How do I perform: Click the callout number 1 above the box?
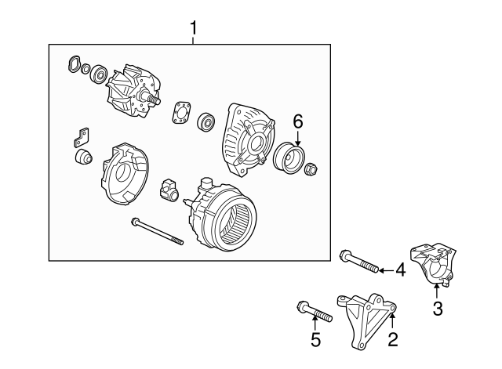click(195, 30)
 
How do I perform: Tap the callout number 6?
click(297, 121)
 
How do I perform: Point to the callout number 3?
click(438, 308)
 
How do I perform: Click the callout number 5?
click(315, 340)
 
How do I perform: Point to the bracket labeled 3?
click(433, 265)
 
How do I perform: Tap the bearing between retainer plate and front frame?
click(207, 121)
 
